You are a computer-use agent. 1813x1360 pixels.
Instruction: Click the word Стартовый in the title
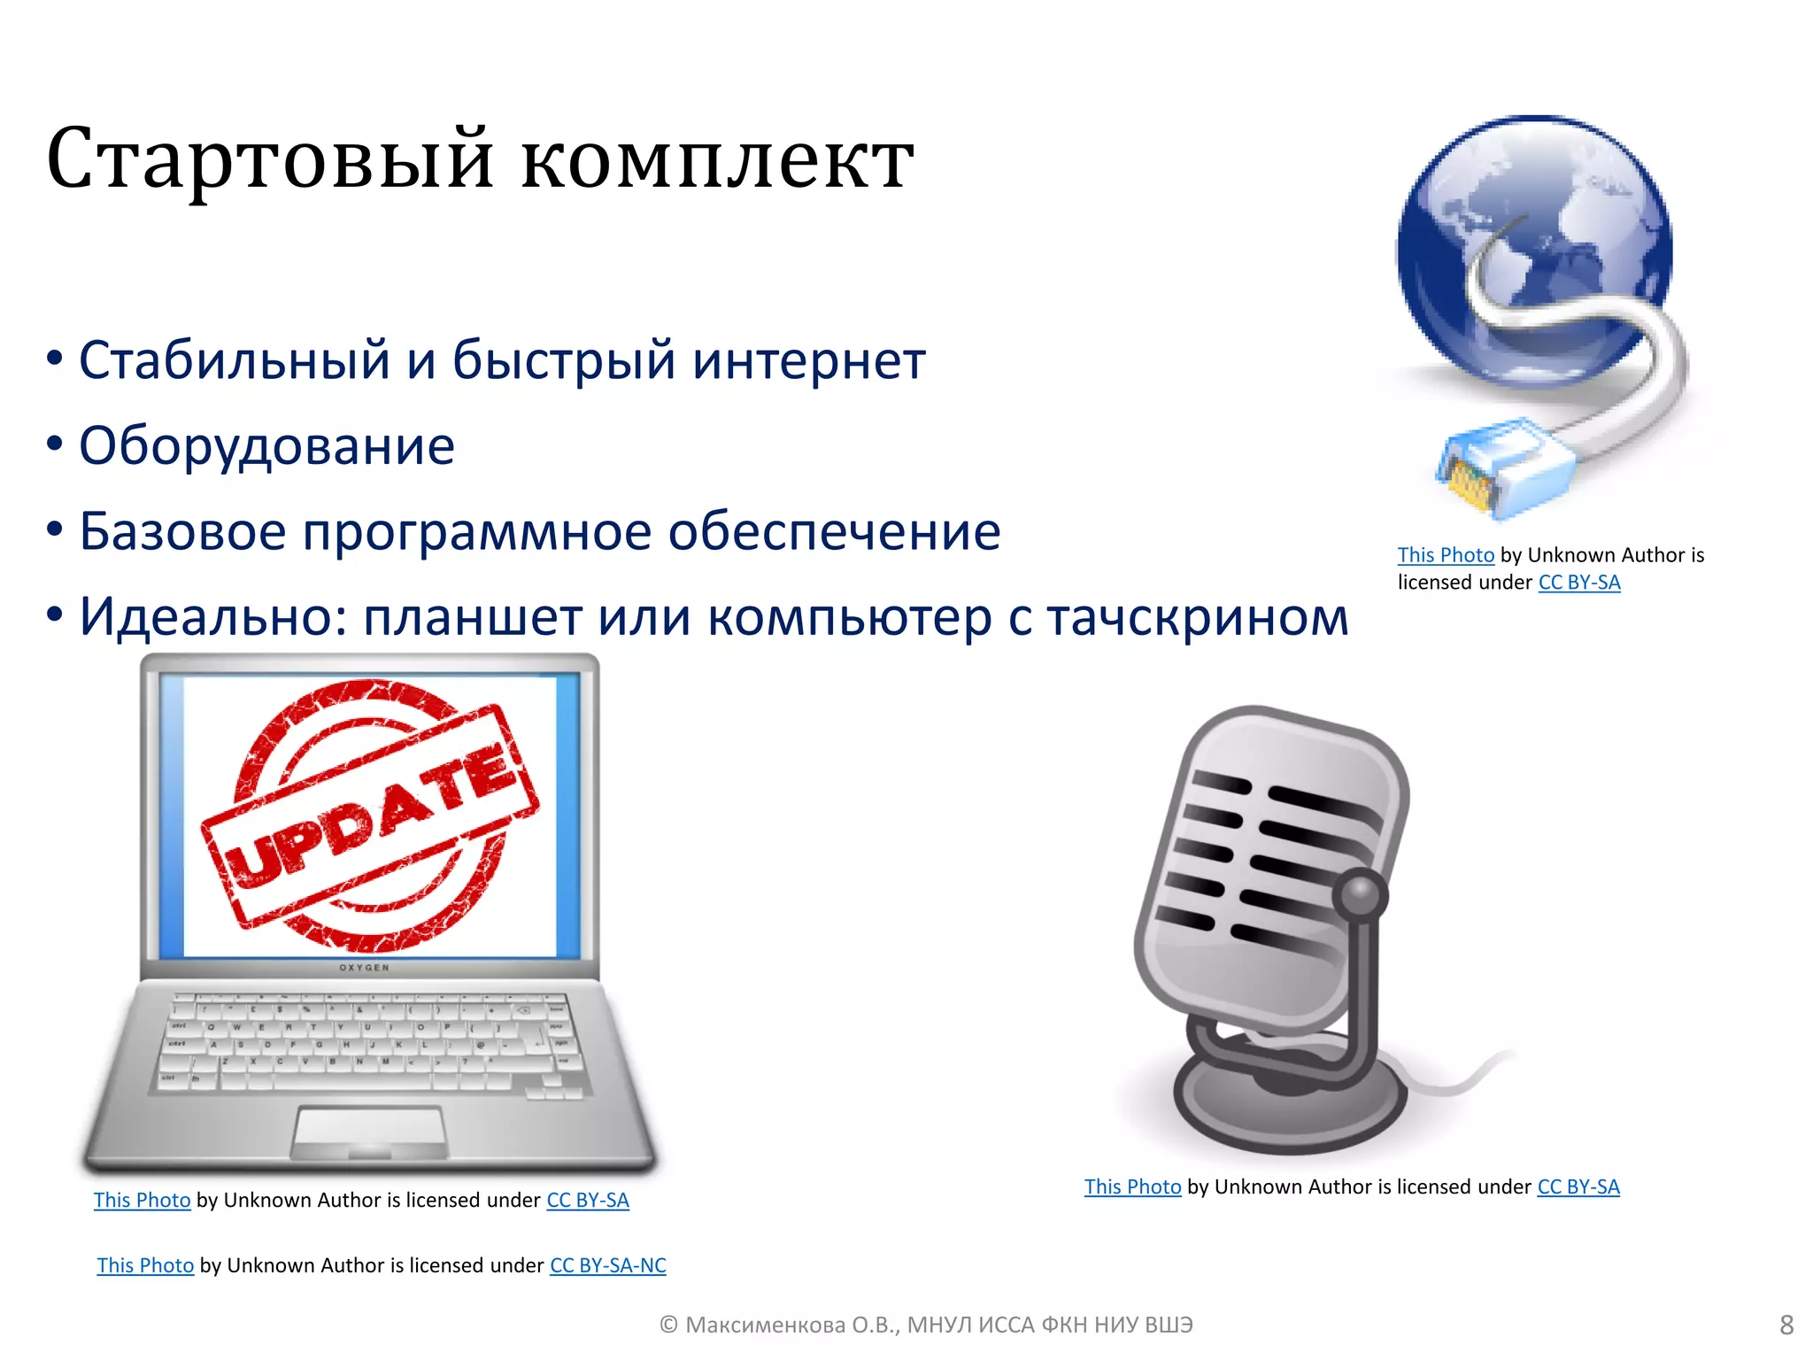[269, 159]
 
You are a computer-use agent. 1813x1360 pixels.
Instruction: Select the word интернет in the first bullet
[808, 360]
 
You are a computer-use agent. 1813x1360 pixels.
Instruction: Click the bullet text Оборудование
[266, 445]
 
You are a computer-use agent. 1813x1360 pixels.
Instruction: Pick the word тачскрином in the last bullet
[1198, 617]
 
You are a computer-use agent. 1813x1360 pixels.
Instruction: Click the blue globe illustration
[1533, 239]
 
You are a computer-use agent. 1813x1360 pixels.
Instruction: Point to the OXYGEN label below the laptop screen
[364, 968]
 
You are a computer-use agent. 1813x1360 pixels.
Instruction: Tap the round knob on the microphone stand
[1361, 894]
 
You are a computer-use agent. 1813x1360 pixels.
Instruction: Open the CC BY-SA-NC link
[607, 1265]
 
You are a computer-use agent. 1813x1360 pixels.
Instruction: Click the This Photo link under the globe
[1445, 555]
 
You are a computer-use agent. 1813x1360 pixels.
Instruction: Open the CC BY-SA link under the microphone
[1578, 1187]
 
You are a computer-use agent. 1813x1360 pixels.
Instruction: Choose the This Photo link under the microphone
[1132, 1187]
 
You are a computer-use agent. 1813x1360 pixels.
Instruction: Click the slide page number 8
[1786, 1325]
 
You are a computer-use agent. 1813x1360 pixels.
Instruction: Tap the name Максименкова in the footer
[765, 1325]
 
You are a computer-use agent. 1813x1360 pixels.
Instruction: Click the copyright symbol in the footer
[668, 1325]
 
